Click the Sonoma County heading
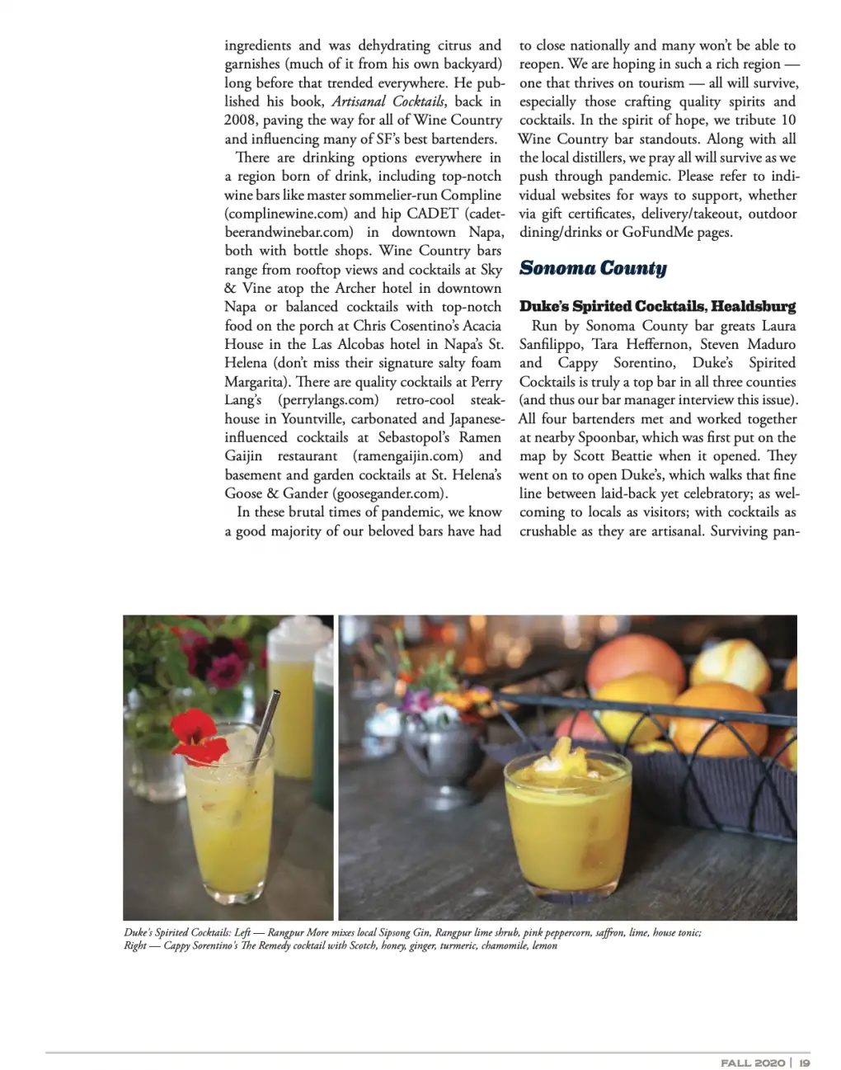[x=593, y=268]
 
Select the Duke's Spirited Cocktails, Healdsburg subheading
[x=657, y=306]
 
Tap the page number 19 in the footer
[x=804, y=1063]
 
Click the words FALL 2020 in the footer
[x=752, y=1063]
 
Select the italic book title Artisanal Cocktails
[x=388, y=101]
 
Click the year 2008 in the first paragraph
[x=240, y=120]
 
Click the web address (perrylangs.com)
[x=328, y=400]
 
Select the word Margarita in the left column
[x=257, y=382]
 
